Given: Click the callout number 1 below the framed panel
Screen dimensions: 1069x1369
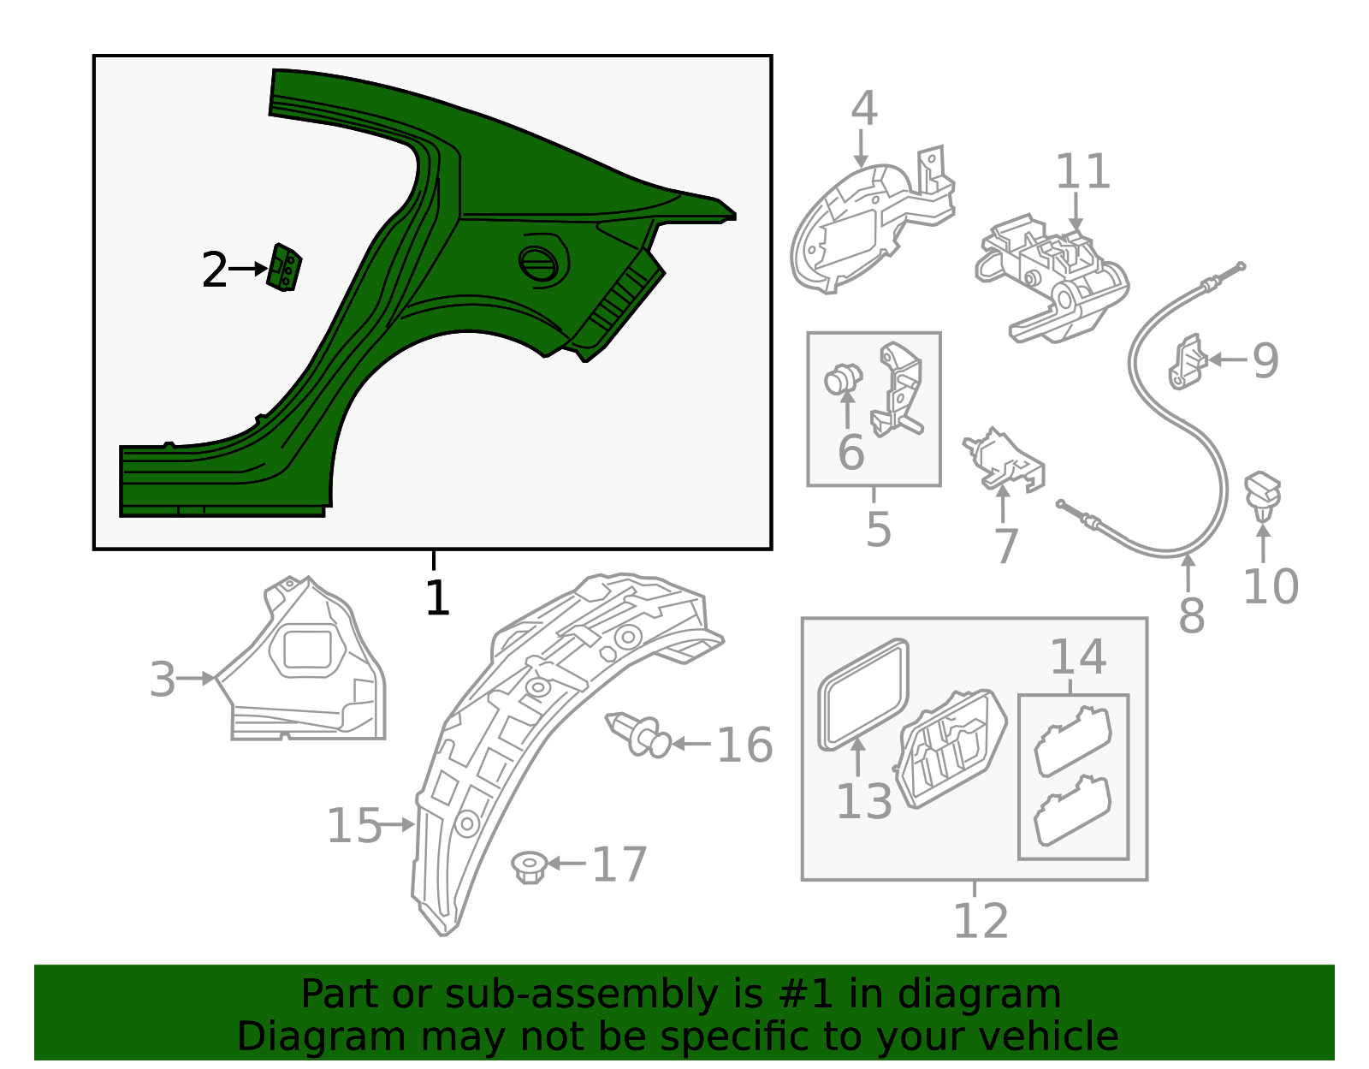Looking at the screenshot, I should [436, 597].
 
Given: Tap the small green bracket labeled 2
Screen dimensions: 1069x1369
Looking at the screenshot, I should [284, 268].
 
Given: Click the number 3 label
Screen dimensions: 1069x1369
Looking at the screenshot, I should [162, 680].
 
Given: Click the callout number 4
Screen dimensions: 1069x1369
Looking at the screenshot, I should [864, 110].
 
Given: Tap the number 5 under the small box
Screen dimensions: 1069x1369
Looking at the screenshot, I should [878, 530].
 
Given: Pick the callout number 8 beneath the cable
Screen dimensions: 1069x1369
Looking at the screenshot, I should [1191, 615].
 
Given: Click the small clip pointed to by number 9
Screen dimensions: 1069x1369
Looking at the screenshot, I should [1188, 363].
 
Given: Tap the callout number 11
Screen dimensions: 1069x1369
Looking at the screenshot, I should [1082, 172].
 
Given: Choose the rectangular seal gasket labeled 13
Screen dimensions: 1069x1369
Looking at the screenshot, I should [862, 693].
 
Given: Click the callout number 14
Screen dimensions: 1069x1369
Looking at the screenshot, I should [1077, 657].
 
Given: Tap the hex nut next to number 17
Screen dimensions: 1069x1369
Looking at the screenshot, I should [530, 867].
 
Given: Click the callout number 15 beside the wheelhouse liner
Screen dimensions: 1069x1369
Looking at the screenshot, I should [354, 826].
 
